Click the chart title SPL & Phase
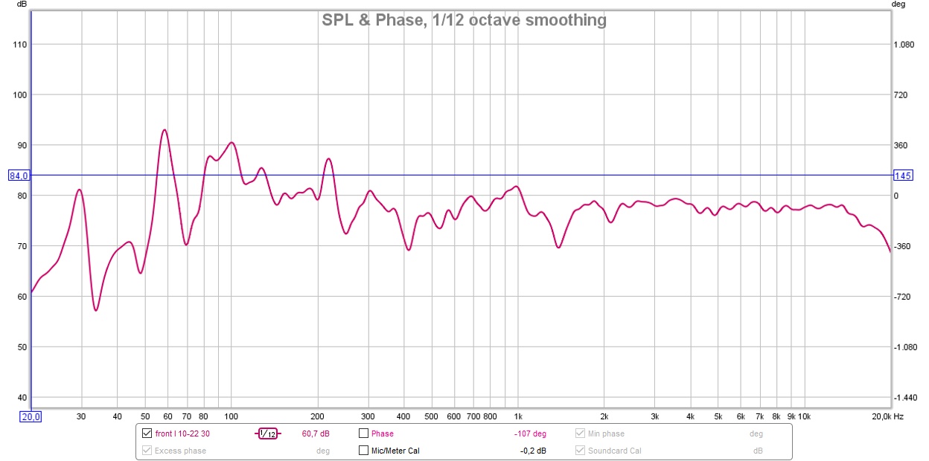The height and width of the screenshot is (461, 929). click(464, 20)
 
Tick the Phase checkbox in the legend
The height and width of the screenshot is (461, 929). click(363, 433)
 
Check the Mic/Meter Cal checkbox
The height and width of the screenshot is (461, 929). click(363, 451)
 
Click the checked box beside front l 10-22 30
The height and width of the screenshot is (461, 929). click(147, 433)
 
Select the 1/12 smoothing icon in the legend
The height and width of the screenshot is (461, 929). click(268, 433)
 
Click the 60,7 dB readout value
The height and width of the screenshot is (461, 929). click(316, 433)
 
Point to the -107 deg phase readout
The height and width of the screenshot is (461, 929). click(530, 433)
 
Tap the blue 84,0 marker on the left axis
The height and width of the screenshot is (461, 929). click(19, 175)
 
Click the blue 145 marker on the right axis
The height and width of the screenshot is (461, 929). click(902, 175)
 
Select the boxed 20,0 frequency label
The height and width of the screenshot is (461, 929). click(30, 416)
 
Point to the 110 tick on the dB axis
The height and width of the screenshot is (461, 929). click(19, 45)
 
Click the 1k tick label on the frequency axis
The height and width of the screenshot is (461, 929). click(519, 416)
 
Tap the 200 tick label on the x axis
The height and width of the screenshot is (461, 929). click(317, 416)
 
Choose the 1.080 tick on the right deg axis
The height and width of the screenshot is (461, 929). click(903, 45)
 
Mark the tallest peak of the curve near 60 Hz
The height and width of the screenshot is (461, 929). click(164, 130)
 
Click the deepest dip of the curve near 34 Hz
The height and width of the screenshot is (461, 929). click(96, 310)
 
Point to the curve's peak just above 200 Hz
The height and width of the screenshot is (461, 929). click(328, 158)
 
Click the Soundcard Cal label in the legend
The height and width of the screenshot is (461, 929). click(614, 451)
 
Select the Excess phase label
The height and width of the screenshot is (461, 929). click(180, 451)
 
